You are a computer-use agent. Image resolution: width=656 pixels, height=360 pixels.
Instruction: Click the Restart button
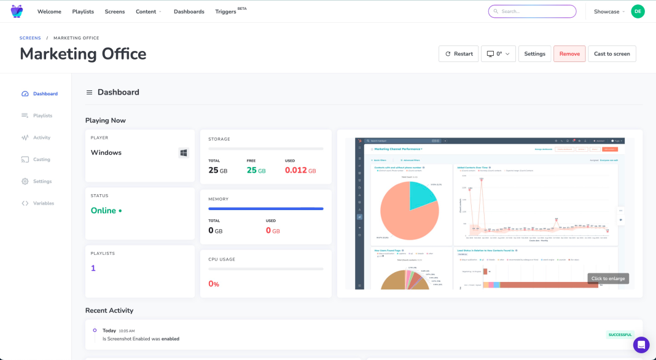458,54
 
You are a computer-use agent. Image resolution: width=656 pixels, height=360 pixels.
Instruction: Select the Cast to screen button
612,54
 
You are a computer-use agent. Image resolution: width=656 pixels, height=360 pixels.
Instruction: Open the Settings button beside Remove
534,54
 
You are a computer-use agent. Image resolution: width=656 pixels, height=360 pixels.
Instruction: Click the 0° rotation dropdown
498,54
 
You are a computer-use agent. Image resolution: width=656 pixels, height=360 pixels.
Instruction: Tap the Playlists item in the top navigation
83,12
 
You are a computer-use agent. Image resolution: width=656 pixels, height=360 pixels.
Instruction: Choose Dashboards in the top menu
189,12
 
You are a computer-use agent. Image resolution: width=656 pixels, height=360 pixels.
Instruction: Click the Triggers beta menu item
226,12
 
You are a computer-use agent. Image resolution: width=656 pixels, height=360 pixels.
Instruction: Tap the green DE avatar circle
638,12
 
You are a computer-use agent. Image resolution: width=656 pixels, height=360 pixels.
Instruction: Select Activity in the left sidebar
42,138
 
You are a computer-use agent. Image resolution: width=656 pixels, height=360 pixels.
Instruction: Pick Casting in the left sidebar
42,160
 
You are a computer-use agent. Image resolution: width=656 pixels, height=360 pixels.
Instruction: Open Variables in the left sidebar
43,203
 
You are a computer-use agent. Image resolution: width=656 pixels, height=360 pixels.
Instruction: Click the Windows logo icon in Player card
184,153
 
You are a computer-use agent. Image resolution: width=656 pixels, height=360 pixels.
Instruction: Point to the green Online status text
104,211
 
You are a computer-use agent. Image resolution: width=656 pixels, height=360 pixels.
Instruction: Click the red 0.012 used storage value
296,170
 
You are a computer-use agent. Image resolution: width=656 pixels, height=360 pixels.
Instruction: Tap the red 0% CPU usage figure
214,284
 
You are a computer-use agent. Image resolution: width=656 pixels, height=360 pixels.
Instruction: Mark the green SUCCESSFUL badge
620,335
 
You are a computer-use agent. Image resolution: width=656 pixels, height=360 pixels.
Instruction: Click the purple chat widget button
641,345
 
